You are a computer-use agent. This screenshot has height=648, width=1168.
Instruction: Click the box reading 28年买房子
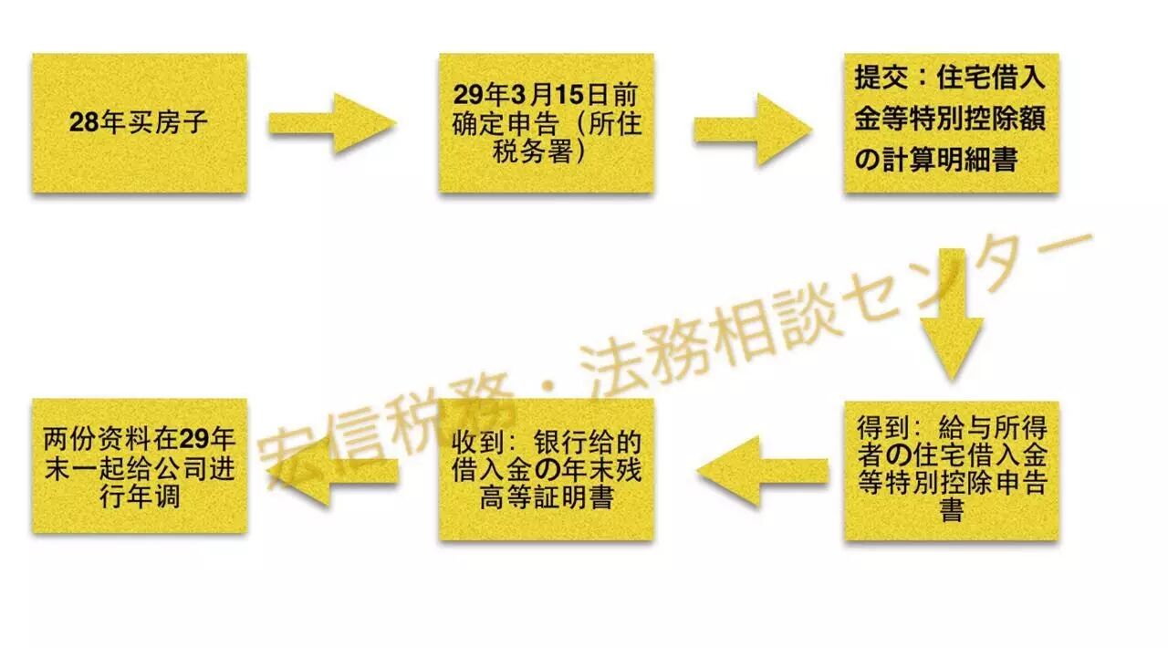click(140, 123)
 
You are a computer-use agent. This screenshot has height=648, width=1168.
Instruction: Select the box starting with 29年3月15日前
click(546, 123)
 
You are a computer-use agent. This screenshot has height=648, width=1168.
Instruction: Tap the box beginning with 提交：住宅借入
click(951, 123)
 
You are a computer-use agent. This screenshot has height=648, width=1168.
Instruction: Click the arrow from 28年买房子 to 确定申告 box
click(331, 123)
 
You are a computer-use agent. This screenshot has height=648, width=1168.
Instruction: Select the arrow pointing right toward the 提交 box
click(752, 129)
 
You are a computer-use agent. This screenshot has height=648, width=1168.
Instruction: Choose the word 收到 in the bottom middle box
click(477, 442)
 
